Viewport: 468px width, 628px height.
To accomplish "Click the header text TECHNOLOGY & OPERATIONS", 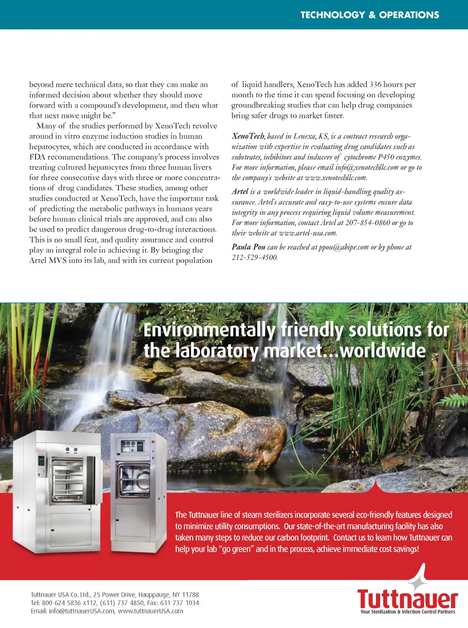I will (x=370, y=15).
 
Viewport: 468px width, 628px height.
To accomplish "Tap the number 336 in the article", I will (x=375, y=85).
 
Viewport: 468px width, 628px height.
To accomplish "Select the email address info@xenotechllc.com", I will (x=367, y=167).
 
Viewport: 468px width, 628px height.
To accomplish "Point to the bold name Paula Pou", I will (x=248, y=247).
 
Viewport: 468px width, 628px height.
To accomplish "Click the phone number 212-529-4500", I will (x=254, y=258).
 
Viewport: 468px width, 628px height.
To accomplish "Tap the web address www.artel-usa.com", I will (x=307, y=233).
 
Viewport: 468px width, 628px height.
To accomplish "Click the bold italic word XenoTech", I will (x=248, y=136).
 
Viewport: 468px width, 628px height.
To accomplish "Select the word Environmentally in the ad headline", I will (x=210, y=330).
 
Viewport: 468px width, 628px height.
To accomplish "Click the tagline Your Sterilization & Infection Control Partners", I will (x=408, y=612).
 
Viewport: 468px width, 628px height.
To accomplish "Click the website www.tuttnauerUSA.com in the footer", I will (x=150, y=611).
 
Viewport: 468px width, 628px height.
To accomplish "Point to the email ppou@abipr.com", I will (x=343, y=247).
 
